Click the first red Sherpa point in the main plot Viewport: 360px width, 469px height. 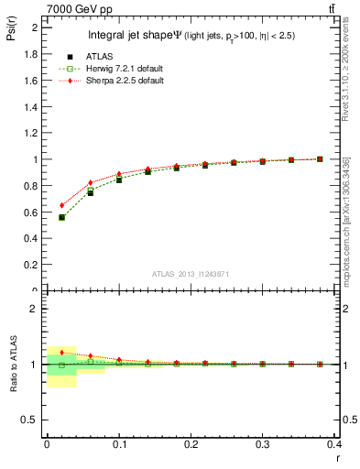tap(61, 205)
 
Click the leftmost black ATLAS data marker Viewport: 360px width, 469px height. tap(61, 217)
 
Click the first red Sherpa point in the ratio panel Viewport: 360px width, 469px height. tap(61, 353)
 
